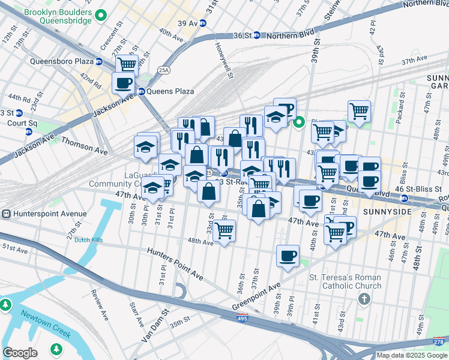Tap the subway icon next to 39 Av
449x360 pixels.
pos(203,23)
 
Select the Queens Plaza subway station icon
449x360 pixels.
pos(142,91)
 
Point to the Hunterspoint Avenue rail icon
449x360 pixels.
pos(5,214)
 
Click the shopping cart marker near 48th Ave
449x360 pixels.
pos(224,230)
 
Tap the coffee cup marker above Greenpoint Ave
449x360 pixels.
pos(288,256)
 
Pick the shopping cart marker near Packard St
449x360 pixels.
pos(359,110)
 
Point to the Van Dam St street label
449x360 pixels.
pos(154,331)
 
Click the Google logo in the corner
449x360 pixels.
pos(20,353)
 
